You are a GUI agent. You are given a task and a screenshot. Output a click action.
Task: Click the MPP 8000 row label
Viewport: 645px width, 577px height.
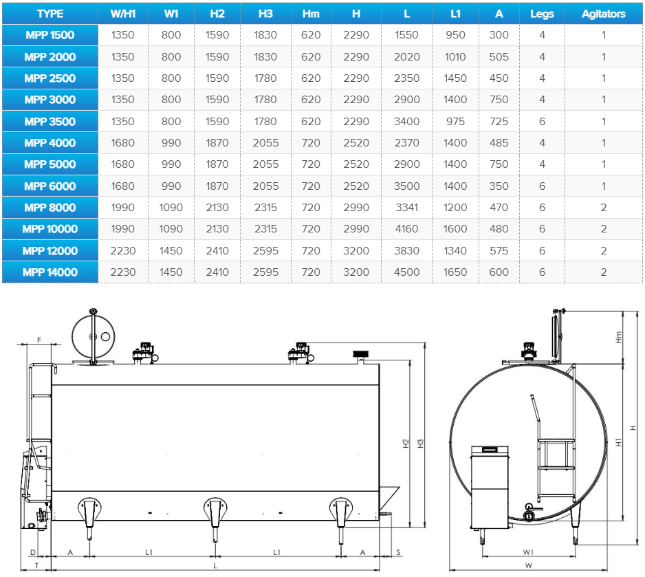50,208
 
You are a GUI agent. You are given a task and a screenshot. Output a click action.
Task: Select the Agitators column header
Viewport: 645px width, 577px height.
604,14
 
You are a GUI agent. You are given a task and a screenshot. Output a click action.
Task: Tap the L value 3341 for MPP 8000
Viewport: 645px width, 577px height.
406,208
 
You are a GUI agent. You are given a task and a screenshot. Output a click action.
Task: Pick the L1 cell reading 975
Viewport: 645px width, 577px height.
455,122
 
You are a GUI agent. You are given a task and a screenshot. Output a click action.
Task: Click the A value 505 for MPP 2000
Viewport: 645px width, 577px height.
499,57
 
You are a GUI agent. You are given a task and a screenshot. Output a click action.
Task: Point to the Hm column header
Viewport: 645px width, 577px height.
311,14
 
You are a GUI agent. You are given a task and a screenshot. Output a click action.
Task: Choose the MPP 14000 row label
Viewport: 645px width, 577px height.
50,272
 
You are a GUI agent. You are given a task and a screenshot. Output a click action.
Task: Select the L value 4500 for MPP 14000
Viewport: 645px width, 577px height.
406,272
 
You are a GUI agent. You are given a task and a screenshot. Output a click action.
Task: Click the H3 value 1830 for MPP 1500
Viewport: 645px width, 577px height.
265,35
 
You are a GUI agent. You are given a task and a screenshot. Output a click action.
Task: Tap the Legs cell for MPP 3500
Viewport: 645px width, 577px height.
542,122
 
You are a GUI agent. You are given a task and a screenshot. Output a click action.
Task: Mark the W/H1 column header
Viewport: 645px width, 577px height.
122,14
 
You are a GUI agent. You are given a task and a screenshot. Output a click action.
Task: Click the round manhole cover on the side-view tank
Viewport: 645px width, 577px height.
93,337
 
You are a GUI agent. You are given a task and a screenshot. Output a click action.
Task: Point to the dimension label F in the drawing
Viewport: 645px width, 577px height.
39,340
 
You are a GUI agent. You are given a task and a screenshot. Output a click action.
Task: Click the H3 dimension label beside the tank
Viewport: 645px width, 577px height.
420,444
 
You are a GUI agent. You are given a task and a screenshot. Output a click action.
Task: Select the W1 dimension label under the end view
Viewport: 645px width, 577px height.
528,552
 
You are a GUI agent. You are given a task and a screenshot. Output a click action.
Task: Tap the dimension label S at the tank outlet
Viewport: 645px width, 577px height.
398,552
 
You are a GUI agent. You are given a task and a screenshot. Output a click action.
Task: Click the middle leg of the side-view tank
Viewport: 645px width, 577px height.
215,519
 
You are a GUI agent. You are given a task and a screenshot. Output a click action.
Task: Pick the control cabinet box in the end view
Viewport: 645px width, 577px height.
490,488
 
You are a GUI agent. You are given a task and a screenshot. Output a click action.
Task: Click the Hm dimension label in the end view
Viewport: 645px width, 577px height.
619,337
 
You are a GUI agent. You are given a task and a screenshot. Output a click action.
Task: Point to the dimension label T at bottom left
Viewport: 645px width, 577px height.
36,565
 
